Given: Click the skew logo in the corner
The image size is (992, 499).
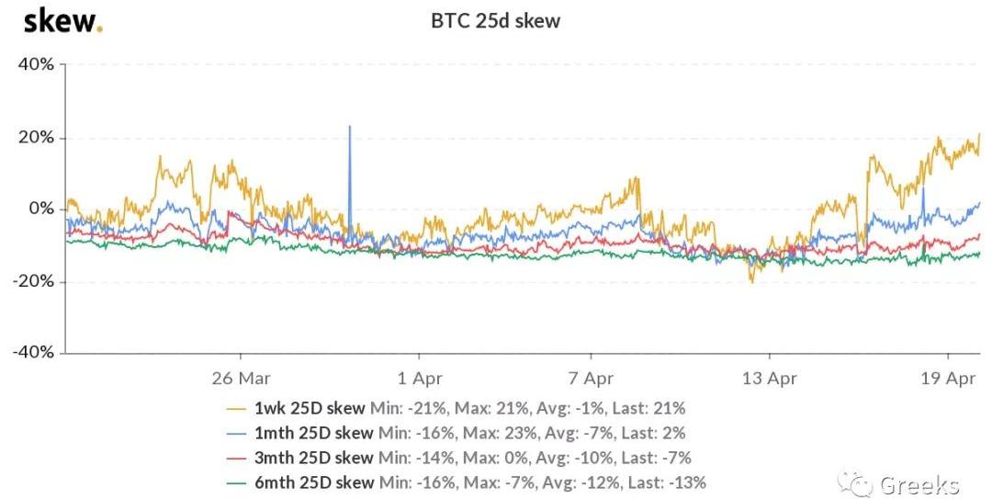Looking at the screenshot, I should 62,20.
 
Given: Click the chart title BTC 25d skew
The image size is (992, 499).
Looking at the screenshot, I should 495,20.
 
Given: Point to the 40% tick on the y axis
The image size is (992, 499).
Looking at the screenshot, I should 35,65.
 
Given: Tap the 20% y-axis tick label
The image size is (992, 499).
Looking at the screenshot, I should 35,137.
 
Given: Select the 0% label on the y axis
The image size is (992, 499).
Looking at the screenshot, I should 40,209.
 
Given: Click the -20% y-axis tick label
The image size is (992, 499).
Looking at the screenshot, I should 32,281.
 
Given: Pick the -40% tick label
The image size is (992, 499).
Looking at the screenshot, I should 32,352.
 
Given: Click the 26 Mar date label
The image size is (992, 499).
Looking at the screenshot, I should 240,377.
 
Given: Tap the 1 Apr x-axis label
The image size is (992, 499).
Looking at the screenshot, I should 419,377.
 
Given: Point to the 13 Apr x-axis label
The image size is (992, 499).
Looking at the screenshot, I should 769,377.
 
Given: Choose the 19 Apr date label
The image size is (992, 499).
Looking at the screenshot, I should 949,377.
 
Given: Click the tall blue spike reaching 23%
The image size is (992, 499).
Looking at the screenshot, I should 349,129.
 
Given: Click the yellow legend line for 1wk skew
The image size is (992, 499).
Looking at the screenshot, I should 238,408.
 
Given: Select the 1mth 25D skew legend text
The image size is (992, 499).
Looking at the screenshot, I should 313,433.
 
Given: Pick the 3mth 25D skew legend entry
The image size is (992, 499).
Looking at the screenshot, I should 313,458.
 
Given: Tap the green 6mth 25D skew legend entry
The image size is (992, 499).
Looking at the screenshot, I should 313,482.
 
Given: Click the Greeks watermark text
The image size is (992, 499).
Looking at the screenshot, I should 919,484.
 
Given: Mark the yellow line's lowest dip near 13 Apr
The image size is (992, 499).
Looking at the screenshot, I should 752,281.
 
